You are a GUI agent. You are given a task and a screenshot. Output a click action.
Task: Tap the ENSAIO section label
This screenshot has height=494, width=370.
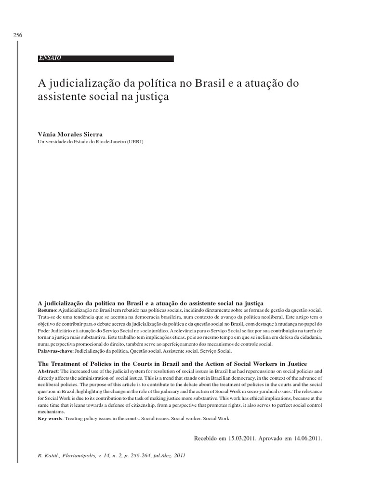point(50,58)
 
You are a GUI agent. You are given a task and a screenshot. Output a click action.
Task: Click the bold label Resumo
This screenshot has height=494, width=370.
point(46,309)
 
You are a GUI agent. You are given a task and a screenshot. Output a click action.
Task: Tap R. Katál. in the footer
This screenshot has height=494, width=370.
point(48,455)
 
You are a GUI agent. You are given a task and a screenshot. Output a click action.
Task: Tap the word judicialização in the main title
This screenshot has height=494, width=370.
point(84,83)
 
